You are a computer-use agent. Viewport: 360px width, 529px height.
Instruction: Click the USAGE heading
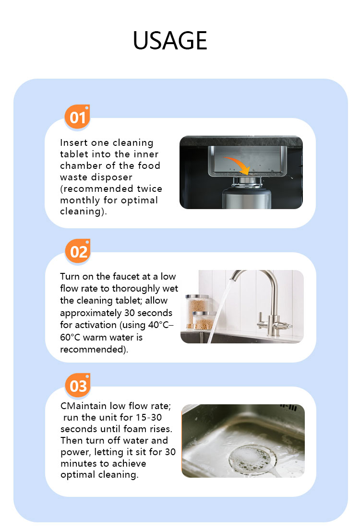[170, 40]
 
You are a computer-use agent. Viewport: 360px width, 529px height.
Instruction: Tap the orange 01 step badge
[77, 117]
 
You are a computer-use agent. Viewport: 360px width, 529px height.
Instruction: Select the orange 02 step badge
[78, 251]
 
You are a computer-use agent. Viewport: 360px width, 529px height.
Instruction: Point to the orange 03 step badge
[78, 386]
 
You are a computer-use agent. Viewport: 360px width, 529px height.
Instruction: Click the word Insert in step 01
[72, 143]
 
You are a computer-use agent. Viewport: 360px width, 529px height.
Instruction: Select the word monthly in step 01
[80, 200]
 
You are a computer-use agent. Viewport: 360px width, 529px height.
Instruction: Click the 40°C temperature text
[159, 325]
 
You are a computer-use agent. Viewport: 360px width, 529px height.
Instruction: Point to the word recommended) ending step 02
[94, 350]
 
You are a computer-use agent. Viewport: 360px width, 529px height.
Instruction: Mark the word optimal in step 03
[78, 475]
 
